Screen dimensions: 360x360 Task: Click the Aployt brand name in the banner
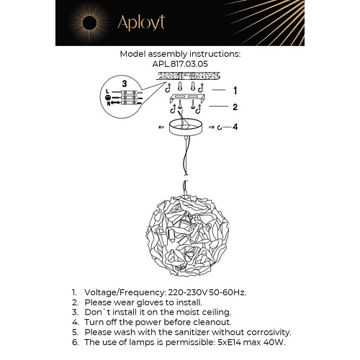(141, 23)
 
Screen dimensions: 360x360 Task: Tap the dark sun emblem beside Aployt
(89, 23)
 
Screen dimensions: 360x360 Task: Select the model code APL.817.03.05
(180, 64)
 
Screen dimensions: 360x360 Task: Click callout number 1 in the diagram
(235, 91)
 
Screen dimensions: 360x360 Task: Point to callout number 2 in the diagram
(235, 107)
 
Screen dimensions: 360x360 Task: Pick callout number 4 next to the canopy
(235, 127)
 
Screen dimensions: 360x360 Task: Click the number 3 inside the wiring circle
(125, 84)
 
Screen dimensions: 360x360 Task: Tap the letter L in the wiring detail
(107, 91)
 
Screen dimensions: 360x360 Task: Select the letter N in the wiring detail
(109, 104)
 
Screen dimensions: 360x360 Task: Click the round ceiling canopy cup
(186, 127)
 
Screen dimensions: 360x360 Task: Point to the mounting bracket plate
(187, 98)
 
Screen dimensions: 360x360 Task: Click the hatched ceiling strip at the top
(188, 76)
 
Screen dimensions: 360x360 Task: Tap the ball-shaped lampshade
(187, 235)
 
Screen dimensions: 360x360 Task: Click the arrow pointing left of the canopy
(161, 127)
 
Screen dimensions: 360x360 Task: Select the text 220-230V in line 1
(188, 292)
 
